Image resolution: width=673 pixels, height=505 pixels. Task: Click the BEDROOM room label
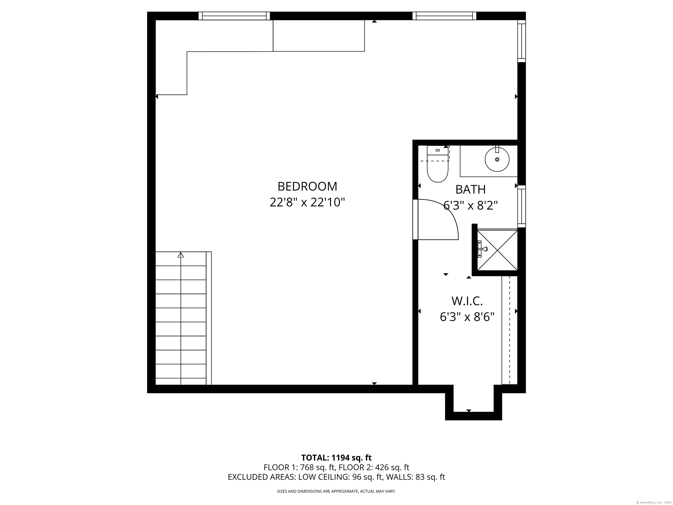click(x=307, y=187)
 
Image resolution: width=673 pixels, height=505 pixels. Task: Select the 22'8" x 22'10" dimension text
click(x=307, y=203)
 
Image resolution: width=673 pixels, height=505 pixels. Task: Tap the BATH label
click(x=470, y=190)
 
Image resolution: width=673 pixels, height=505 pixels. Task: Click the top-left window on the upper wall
click(x=234, y=16)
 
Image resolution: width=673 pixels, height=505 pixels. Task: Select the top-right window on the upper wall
click(x=444, y=16)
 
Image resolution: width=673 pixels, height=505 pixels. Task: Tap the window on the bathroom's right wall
click(x=521, y=206)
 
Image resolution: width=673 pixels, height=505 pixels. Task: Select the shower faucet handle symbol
click(x=482, y=249)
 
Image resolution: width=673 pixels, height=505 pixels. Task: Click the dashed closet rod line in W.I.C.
click(x=510, y=330)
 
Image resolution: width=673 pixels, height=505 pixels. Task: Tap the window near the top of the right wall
click(x=521, y=41)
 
